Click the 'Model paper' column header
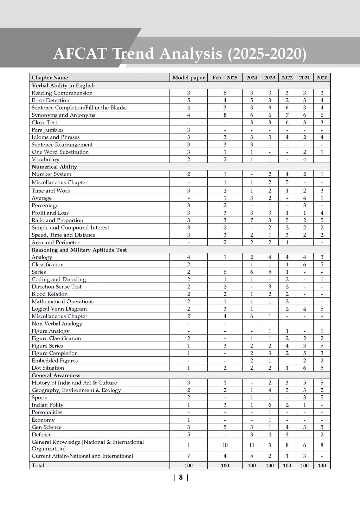click(x=188, y=78)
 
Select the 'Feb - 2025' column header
click(x=225, y=78)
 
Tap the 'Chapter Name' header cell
click(x=50, y=78)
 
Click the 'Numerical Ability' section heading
click(x=54, y=167)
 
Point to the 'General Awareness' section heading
click(x=56, y=375)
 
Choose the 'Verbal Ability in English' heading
click(x=63, y=85)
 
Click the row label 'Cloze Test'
click(x=44, y=122)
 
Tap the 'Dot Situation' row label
click(x=48, y=368)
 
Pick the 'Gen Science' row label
click(x=46, y=427)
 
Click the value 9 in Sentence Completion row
click(x=270, y=108)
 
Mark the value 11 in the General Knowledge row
click(x=252, y=445)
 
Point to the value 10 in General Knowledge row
click(x=225, y=445)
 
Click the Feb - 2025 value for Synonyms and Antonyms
click(x=225, y=115)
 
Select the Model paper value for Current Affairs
click(x=188, y=456)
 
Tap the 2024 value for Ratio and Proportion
click(x=252, y=220)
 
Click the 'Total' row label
click(x=38, y=466)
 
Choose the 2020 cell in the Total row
click(x=322, y=466)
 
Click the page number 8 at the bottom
click(x=181, y=477)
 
